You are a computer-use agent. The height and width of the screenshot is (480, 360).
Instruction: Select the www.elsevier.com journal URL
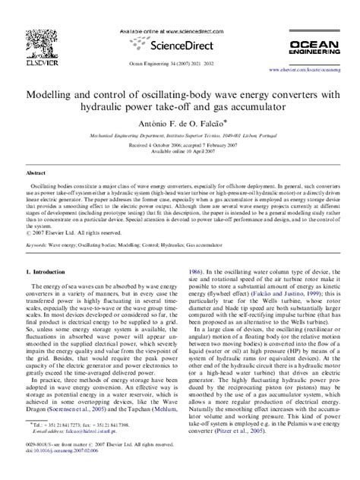click(x=309, y=68)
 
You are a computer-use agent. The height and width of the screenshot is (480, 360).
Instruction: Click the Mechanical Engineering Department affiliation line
click(x=179, y=134)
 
